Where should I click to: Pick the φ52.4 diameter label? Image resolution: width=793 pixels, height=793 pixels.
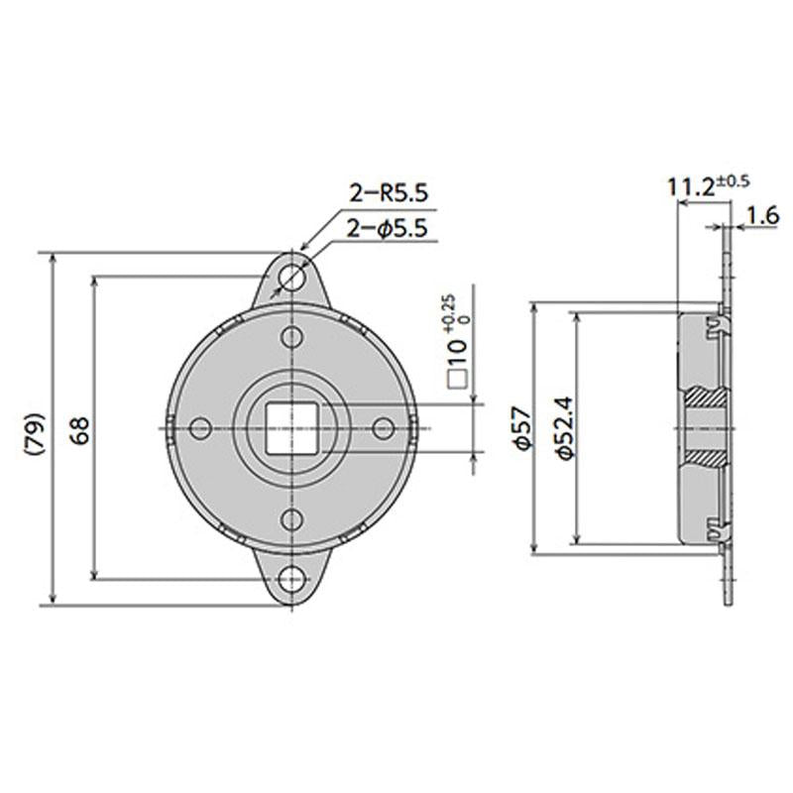tap(561, 428)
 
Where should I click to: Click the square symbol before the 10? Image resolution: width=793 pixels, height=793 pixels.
tap(457, 378)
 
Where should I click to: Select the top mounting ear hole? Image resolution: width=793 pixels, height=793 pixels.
tap(290, 276)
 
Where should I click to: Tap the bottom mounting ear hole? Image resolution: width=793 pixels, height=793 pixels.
tap(290, 579)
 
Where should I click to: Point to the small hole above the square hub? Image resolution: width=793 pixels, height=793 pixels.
tap(290, 336)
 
